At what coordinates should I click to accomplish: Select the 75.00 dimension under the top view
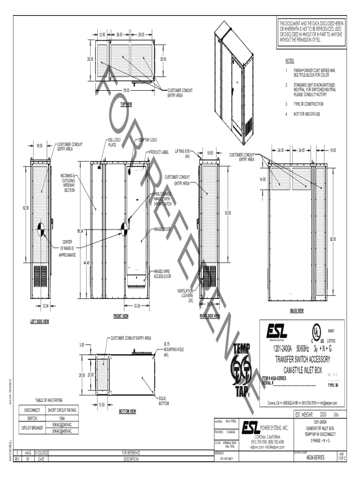point(126,90)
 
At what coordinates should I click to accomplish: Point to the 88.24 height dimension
point(81,231)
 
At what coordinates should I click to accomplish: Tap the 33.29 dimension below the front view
point(137,305)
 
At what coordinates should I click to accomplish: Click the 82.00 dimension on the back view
point(333,239)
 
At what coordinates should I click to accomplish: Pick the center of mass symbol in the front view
point(125,229)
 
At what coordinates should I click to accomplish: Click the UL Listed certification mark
point(317,333)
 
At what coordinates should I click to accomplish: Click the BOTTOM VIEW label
point(127,411)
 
